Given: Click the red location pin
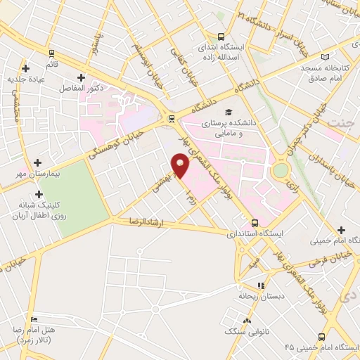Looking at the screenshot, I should click(x=181, y=167).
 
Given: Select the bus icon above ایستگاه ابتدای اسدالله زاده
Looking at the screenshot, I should click(x=221, y=37).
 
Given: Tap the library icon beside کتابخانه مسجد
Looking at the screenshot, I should click(x=324, y=57).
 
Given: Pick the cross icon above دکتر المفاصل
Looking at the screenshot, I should click(x=81, y=78).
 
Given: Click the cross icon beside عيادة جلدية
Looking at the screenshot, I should click(x=26, y=68).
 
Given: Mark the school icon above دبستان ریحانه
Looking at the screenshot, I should click(x=261, y=285).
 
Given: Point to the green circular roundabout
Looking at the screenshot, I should click(x=281, y=170).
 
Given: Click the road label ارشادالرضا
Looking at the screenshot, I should click(x=145, y=221).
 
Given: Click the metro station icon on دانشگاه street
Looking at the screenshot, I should click(x=171, y=118).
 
